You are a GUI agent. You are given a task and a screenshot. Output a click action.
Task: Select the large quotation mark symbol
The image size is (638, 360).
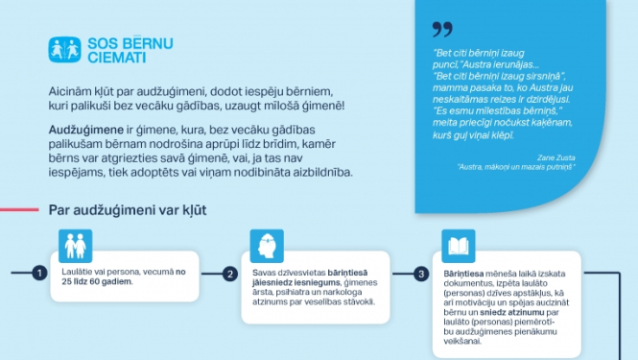(442, 30)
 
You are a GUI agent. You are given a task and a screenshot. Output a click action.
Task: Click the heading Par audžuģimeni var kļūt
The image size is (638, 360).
(127, 209)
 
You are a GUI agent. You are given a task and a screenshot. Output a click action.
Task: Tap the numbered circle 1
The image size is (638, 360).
(39, 274)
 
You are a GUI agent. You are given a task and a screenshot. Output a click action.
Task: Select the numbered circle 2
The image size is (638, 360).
(230, 274)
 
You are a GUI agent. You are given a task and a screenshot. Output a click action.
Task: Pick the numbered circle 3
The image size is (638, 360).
(421, 274)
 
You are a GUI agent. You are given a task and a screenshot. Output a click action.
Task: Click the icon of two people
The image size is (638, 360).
(74, 245)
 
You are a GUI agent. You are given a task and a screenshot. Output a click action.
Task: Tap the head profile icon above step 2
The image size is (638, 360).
(265, 245)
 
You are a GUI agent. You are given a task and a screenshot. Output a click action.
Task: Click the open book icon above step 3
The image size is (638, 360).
(457, 245)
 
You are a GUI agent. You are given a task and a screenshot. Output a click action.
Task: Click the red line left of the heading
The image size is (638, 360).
(19, 209)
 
